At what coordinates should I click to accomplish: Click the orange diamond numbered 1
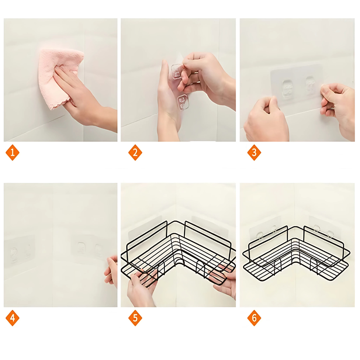coord(12,152)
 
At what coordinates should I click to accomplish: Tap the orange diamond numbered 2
coord(135,152)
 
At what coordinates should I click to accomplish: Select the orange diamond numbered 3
coord(254,152)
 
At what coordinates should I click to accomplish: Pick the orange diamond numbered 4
coord(12,318)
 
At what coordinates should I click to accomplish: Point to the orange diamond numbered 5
coord(135,318)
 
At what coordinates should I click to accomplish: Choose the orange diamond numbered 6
coord(254,318)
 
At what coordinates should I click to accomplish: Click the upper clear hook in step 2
coord(177,71)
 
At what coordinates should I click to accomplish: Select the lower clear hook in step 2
coord(183,102)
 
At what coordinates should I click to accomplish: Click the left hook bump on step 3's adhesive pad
coord(287,89)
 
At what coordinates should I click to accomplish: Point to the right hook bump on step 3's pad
coord(310,85)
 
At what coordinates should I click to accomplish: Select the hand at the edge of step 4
coord(111,271)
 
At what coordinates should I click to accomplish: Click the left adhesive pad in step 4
coord(19,251)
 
